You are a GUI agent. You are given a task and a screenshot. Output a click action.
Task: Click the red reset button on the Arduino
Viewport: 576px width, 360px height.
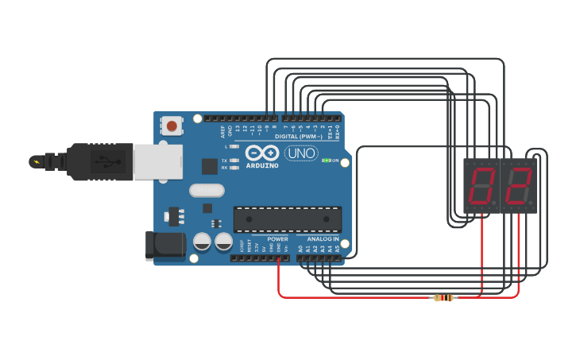click(171, 125)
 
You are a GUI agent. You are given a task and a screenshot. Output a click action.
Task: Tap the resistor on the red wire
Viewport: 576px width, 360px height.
click(443, 298)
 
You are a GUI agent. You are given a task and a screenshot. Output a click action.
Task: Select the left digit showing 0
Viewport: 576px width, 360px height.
click(482, 186)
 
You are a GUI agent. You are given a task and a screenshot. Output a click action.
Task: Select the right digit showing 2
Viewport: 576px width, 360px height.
click(519, 186)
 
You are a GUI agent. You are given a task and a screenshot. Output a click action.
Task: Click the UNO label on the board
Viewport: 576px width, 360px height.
click(301, 153)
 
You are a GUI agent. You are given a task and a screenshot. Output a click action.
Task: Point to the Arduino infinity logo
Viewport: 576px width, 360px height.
click(262, 153)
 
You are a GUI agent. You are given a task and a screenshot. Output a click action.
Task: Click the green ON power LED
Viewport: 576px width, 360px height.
click(326, 161)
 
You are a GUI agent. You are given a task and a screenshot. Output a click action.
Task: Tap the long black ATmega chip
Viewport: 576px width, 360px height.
click(287, 219)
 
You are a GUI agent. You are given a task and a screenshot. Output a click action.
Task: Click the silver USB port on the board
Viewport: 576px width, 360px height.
click(157, 161)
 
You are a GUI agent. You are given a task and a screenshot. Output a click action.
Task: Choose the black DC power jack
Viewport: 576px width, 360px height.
click(165, 246)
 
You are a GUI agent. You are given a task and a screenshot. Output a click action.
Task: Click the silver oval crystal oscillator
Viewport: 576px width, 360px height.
click(207, 191)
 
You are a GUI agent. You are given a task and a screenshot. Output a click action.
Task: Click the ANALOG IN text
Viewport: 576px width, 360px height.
click(323, 238)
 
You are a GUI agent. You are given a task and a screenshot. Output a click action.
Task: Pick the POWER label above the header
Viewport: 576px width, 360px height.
click(278, 238)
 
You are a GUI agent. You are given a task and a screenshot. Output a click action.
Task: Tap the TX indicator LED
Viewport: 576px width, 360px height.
click(234, 160)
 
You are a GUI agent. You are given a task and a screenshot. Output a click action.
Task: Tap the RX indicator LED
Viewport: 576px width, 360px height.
click(234, 168)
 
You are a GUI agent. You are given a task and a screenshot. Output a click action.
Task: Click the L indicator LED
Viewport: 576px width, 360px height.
click(234, 147)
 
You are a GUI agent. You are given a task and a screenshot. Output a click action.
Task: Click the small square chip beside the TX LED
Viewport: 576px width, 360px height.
click(210, 166)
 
